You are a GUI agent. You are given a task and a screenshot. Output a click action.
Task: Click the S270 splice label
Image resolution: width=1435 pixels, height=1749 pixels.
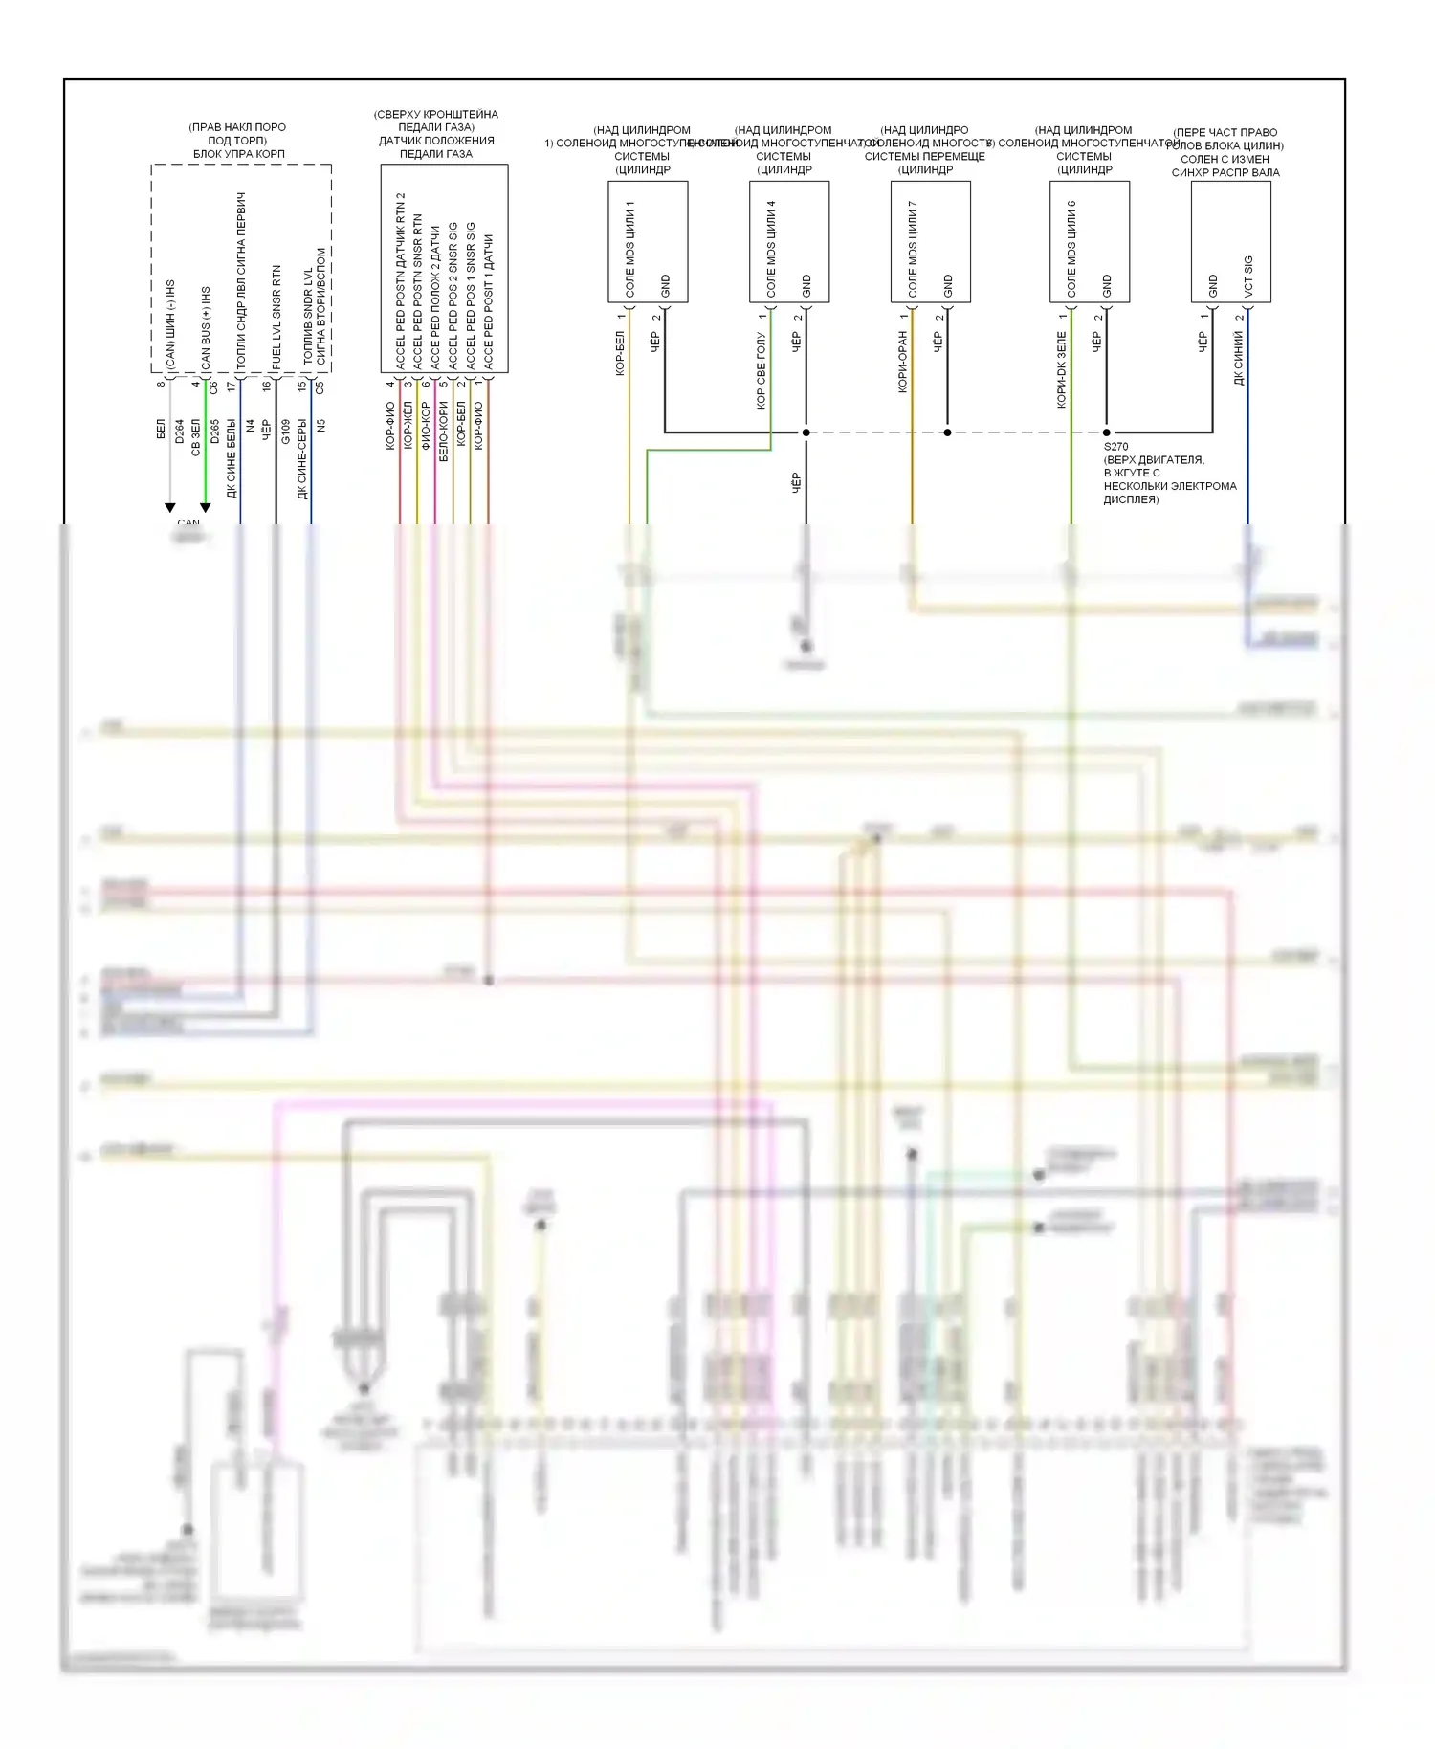click(1115, 447)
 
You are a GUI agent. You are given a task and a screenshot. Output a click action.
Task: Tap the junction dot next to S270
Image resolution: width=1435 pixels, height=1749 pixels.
click(1107, 432)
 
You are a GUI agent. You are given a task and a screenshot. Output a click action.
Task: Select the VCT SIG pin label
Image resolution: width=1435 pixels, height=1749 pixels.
click(1247, 276)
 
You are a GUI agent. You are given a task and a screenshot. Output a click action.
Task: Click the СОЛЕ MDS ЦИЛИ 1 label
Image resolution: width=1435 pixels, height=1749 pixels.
click(629, 249)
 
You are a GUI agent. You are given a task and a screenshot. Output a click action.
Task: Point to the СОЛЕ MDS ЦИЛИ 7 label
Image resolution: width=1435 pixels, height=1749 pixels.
click(913, 249)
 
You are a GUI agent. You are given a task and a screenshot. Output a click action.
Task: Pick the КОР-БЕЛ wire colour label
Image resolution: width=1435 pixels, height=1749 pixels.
click(619, 354)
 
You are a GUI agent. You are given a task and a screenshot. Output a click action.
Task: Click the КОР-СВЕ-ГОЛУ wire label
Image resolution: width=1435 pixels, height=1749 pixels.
click(761, 371)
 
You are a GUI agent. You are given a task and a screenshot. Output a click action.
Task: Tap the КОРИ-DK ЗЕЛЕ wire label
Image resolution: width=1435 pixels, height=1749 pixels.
click(1061, 369)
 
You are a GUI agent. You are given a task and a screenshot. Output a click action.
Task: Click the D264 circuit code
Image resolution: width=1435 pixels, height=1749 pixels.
click(179, 431)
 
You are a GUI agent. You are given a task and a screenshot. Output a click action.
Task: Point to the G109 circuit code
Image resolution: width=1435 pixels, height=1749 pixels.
click(285, 431)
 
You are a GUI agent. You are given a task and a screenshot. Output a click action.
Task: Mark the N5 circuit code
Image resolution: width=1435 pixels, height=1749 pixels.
click(321, 425)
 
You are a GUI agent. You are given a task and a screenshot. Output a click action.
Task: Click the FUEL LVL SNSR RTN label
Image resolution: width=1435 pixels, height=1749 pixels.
click(276, 318)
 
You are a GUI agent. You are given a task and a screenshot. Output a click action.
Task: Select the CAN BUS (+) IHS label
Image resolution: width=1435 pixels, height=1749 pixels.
click(206, 327)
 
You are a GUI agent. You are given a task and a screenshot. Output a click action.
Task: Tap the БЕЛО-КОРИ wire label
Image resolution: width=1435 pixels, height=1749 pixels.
click(443, 432)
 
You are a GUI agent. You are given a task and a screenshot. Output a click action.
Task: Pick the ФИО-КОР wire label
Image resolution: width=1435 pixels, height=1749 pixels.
click(426, 426)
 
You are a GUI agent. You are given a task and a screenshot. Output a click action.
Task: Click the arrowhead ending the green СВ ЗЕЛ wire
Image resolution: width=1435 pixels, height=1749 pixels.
click(205, 507)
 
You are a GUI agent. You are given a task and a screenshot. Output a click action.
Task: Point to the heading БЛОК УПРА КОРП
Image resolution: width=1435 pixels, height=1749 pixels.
click(239, 154)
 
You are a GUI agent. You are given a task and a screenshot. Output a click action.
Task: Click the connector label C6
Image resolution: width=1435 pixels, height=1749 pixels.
click(213, 387)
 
